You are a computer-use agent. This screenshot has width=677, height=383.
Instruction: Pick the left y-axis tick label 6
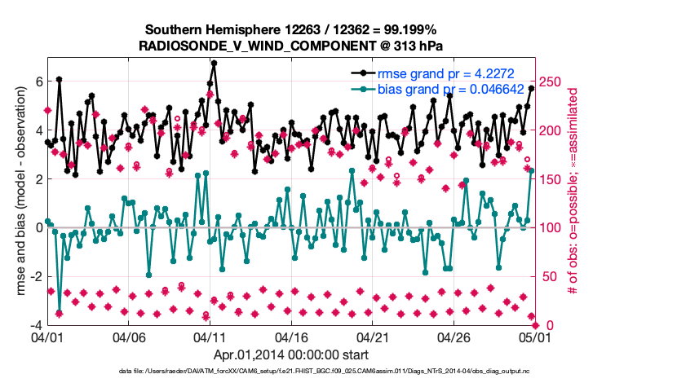pos(38,81)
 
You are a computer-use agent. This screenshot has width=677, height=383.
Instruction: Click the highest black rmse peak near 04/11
pos(214,63)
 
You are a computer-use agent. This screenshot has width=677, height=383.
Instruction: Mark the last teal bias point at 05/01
pos(531,170)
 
